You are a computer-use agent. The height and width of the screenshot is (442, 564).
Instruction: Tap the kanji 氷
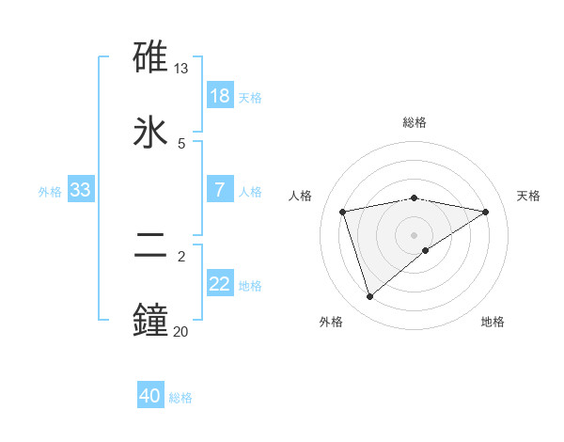tap(151, 130)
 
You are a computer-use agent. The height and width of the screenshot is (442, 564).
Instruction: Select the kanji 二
tap(151, 246)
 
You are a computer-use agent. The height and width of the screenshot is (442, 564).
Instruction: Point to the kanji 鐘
tap(151, 318)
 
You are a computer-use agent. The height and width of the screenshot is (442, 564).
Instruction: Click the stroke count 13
tap(181, 69)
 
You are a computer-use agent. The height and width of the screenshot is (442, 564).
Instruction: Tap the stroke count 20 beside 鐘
tap(180, 330)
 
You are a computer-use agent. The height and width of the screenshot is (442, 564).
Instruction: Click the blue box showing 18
tap(220, 96)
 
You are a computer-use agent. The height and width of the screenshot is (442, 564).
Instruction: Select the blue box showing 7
tap(220, 190)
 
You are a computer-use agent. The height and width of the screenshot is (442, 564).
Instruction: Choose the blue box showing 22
tap(220, 284)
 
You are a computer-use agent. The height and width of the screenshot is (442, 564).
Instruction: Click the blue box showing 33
tap(81, 190)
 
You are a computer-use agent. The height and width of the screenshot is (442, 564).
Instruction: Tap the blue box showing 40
tap(150, 396)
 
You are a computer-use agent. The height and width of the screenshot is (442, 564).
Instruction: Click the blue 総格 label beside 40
tap(180, 398)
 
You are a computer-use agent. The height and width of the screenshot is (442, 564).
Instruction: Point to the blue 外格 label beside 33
tap(50, 192)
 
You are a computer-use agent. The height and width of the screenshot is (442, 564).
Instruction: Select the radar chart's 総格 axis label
tap(415, 122)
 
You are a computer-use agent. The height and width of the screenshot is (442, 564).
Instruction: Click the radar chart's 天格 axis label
tap(528, 196)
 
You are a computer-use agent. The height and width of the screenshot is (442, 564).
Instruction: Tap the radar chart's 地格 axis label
tap(493, 322)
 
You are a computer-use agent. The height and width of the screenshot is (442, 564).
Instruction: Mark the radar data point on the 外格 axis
tap(369, 297)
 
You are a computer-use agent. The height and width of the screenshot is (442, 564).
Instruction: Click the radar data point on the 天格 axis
tap(485, 212)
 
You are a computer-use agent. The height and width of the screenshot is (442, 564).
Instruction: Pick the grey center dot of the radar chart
tap(415, 234)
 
